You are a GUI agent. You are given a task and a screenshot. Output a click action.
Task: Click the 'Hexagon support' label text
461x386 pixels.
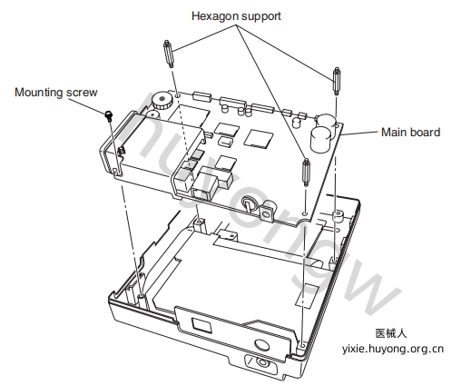(x=236, y=16)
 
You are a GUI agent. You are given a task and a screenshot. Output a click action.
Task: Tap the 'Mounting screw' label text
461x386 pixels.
(x=56, y=93)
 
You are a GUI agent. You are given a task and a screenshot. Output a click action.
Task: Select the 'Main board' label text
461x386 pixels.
(x=410, y=133)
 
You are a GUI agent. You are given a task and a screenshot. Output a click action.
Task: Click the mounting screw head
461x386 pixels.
(x=109, y=115)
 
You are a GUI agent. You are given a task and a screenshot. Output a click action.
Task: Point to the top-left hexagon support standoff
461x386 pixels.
(x=168, y=54)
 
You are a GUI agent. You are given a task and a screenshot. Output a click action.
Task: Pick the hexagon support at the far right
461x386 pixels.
(x=337, y=81)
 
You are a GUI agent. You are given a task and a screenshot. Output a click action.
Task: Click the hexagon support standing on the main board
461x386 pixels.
(x=306, y=172)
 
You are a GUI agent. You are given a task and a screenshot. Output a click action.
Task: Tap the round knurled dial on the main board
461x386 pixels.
(x=162, y=101)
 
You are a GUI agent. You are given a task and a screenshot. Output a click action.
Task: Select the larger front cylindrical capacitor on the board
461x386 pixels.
(x=321, y=139)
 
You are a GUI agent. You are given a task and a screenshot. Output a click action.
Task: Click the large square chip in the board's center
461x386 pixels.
(x=260, y=139)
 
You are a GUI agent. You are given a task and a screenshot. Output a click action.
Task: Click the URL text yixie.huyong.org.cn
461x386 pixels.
(x=393, y=349)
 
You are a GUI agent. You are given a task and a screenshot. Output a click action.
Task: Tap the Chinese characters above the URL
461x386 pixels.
(x=391, y=333)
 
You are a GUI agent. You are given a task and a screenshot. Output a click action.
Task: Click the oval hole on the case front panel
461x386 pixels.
(x=262, y=345)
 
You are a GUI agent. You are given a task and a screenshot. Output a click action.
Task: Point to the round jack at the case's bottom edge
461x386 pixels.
(x=261, y=362)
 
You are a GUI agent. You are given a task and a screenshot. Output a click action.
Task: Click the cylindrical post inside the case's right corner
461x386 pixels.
(x=338, y=216)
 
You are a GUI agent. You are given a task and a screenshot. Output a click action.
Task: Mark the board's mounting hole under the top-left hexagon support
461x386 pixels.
(x=178, y=95)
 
